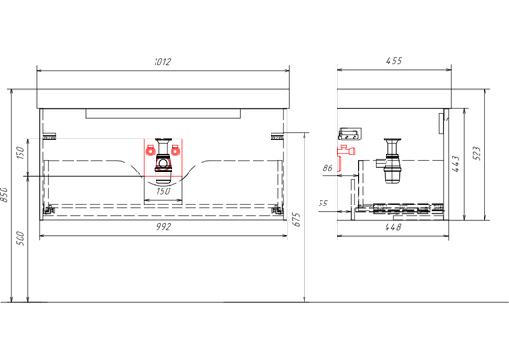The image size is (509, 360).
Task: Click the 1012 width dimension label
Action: pyautogui.click(x=162, y=61)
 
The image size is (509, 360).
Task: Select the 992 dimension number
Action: pyautogui.click(x=163, y=226)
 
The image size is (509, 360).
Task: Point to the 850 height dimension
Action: pyautogui.click(x=4, y=194)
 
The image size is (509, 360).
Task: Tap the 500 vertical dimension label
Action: pyautogui.click(x=20, y=238)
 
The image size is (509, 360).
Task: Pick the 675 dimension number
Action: pyautogui.click(x=297, y=220)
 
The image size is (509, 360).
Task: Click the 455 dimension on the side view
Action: pyautogui.click(x=394, y=61)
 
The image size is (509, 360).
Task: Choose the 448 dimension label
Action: pyautogui.click(x=393, y=227)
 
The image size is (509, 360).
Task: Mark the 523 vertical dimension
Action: pyautogui.click(x=477, y=154)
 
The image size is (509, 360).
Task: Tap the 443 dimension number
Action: pyautogui.click(x=456, y=164)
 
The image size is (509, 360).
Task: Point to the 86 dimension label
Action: pyautogui.click(x=328, y=168)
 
